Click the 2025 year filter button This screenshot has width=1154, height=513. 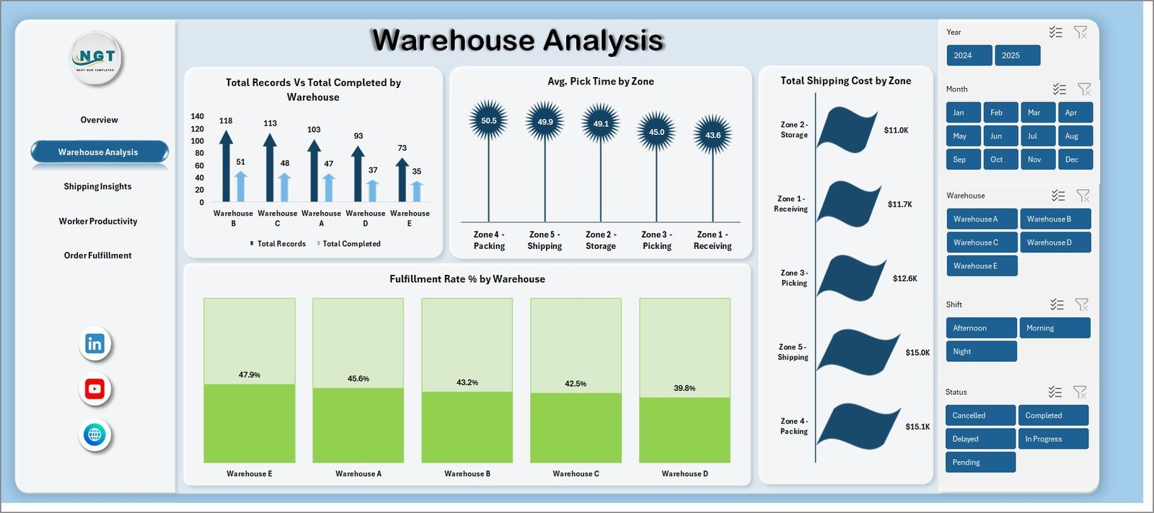coord(1017,56)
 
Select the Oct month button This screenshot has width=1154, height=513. coord(1000,159)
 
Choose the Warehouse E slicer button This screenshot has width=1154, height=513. coord(981,266)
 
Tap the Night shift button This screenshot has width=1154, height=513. coord(980,351)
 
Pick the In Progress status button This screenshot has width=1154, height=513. coord(1052,439)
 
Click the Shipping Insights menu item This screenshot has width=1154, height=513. coord(97,186)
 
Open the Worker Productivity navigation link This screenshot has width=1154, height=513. coord(98,222)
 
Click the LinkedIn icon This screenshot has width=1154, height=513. coord(94,344)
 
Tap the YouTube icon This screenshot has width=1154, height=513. coord(94,390)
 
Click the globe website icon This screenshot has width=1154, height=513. coord(94,434)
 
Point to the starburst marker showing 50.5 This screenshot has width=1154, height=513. coord(488,120)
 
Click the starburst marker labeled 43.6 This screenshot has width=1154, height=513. coord(713,135)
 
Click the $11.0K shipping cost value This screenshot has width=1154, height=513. coord(896,131)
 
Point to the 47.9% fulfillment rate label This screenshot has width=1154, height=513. coord(250,375)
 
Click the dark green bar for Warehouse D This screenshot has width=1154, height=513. coord(684,429)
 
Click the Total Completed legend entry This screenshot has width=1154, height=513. coord(351,244)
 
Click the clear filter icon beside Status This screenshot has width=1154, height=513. coord(1080,392)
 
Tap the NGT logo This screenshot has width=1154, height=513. coord(97,58)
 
